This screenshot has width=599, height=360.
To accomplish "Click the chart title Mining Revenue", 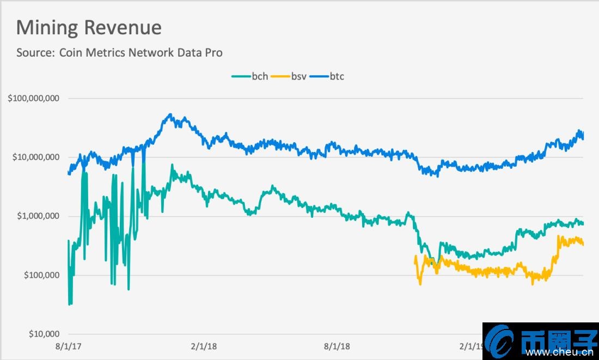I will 89,28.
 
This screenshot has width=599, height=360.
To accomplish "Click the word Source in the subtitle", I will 34,53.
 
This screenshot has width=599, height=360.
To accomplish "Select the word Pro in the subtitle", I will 213,53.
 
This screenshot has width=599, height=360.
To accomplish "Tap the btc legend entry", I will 336,76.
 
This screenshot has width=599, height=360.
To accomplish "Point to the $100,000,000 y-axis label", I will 34,99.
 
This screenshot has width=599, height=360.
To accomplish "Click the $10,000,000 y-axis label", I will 36,157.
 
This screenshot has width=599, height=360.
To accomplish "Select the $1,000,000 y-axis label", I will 38,216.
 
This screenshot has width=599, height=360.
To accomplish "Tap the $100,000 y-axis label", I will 41,275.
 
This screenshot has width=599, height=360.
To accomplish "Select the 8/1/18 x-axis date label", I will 338,346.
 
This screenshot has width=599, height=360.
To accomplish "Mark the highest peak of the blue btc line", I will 170,115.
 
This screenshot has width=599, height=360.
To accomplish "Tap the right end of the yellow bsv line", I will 583,245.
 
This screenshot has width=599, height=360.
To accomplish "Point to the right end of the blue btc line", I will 583,138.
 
